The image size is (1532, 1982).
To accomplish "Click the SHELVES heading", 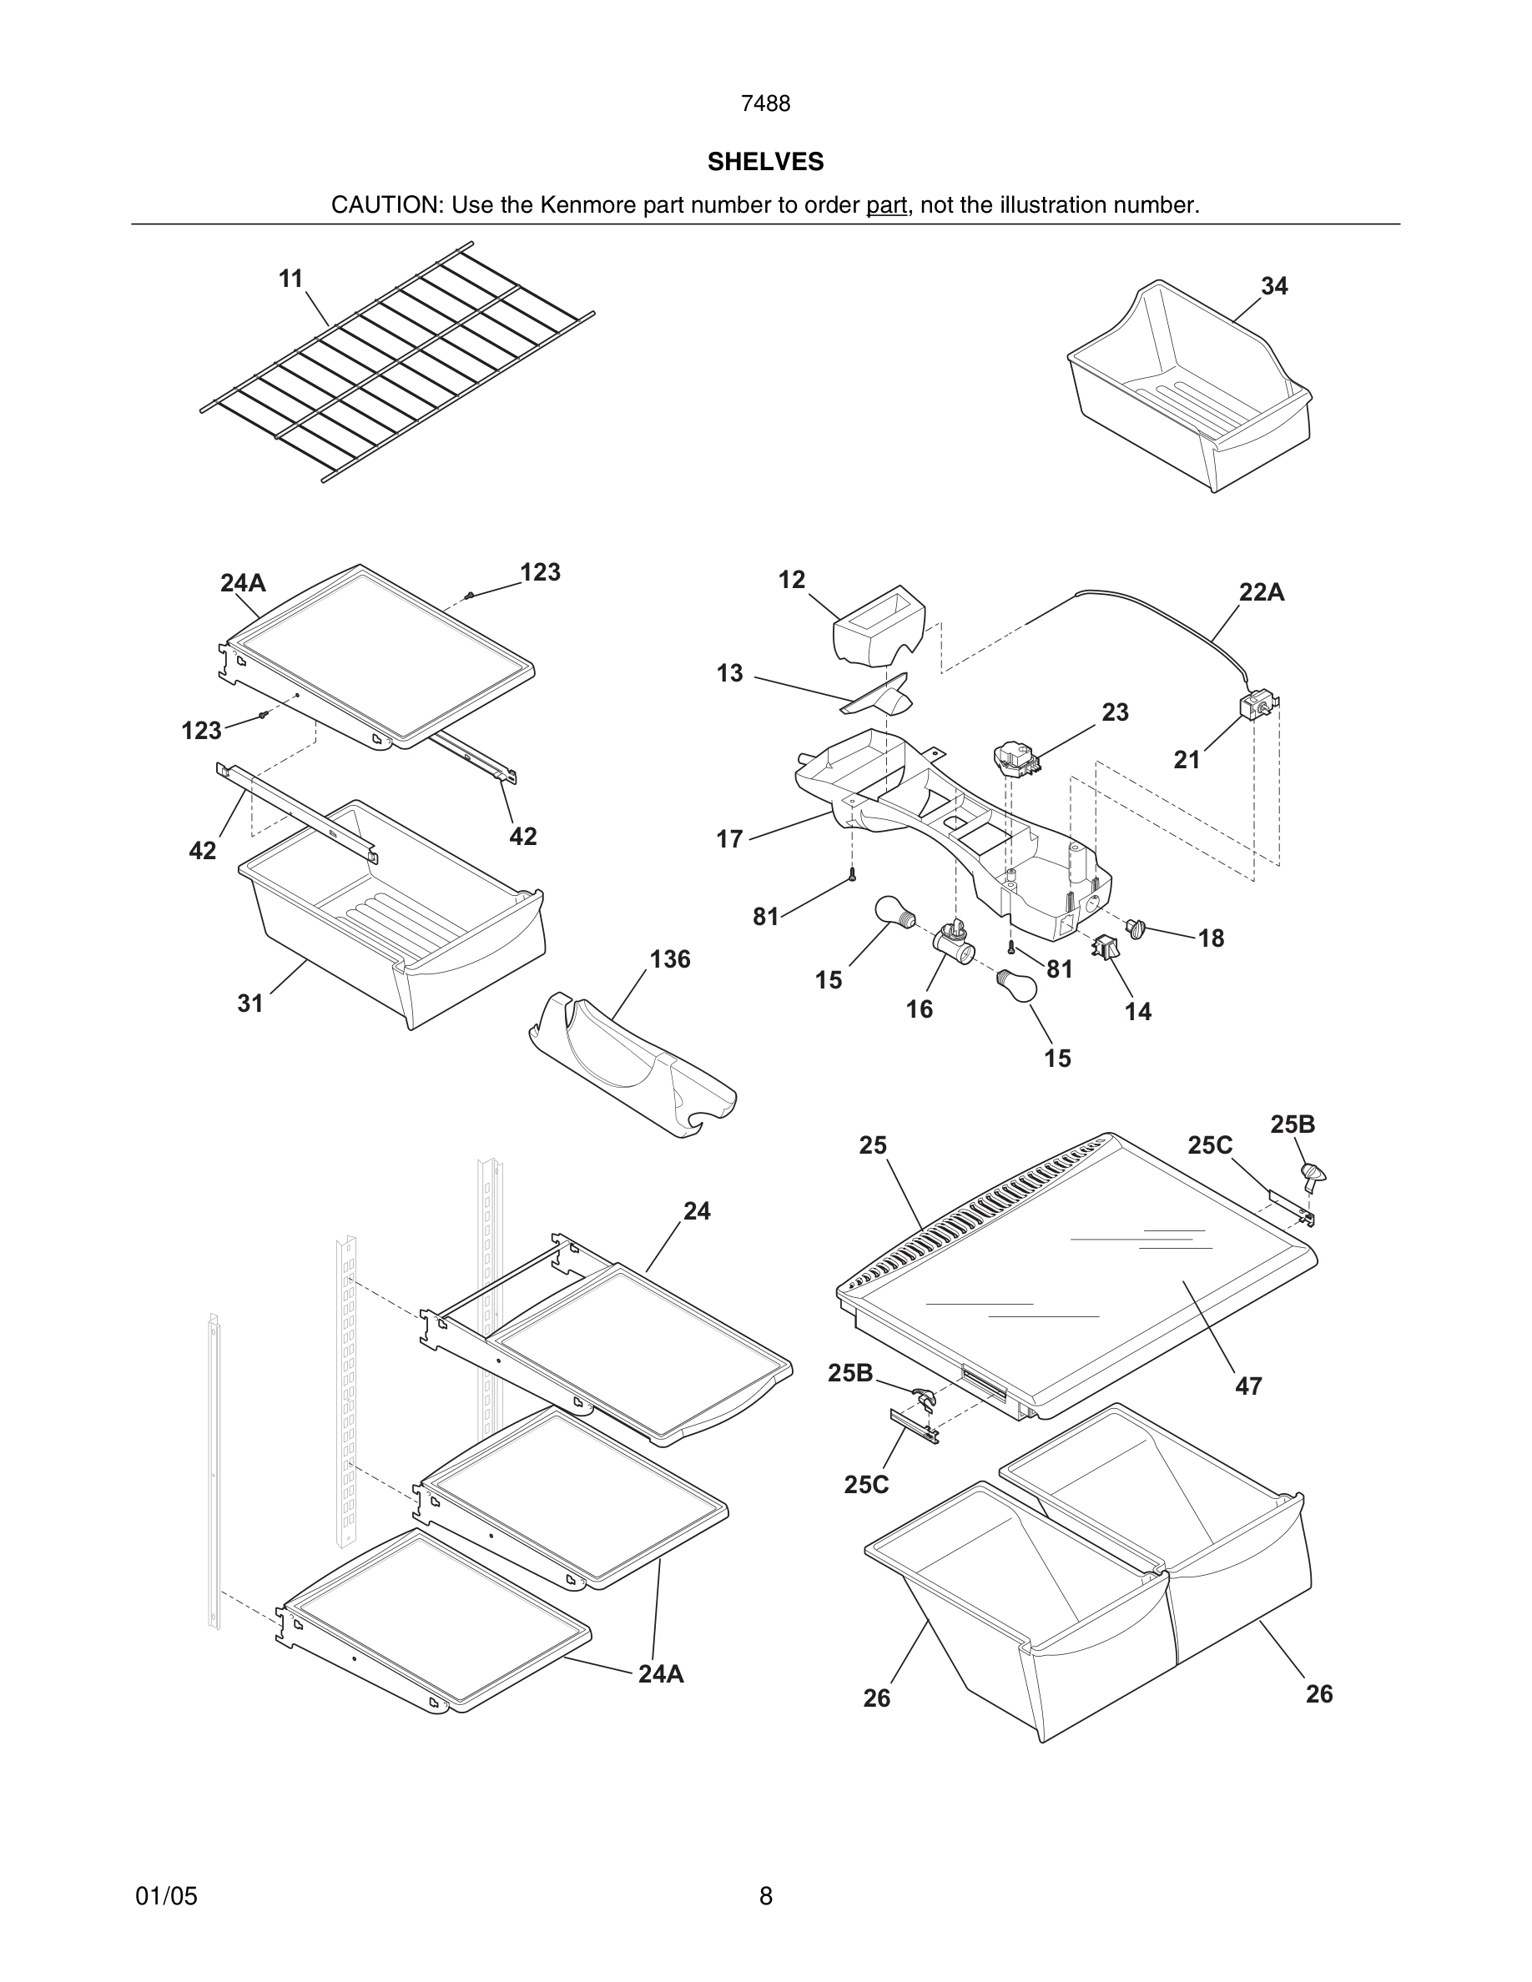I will coord(765,162).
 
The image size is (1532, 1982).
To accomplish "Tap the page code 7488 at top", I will coord(765,104).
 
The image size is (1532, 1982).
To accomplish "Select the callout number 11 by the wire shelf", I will coord(290,279).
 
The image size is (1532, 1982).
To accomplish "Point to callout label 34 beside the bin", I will coord(1273,286).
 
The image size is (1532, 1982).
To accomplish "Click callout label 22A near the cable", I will coord(1262,592).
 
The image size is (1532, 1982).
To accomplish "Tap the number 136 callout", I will coord(670,959).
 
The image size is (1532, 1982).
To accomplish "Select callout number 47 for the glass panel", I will coord(1248,1386).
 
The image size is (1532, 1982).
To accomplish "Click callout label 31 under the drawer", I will coord(250,1003).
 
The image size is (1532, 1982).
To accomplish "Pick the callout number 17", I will coord(729,839).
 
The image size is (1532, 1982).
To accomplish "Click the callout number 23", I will coord(1116,712).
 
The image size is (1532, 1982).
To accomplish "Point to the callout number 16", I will coord(920,1009).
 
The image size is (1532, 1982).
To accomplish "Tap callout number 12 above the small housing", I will coord(791,580).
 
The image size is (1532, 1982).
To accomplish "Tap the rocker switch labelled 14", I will coord(1106,948).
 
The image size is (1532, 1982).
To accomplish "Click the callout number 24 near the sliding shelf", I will coord(696,1210).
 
